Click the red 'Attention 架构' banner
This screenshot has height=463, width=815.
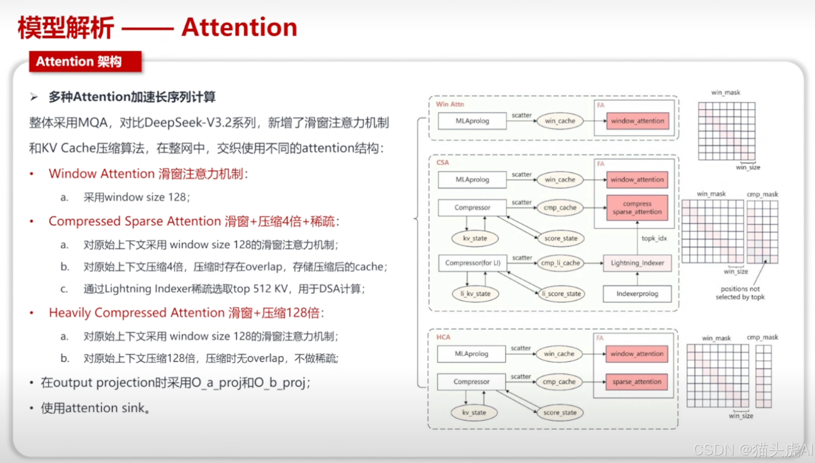click(85, 61)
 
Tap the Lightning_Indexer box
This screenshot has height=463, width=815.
click(637, 263)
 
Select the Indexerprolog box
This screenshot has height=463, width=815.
click(637, 294)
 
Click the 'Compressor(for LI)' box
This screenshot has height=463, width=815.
click(473, 263)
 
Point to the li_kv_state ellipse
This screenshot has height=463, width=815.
click(475, 294)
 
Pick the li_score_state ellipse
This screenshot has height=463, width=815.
click(561, 294)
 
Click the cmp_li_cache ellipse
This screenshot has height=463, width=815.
click(560, 263)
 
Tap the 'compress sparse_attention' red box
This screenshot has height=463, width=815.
click(637, 208)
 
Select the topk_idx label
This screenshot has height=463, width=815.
click(654, 238)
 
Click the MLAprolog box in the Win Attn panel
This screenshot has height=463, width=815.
click(472, 121)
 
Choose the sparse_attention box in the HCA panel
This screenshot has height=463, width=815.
click(636, 382)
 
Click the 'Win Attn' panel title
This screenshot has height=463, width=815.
click(450, 104)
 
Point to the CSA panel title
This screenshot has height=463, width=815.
click(442, 162)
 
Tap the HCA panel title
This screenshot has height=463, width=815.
click(443, 337)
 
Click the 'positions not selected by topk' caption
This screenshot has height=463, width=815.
click(740, 293)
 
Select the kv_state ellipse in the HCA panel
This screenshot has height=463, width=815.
click(474, 412)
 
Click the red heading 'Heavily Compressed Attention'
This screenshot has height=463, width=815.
click(137, 313)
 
